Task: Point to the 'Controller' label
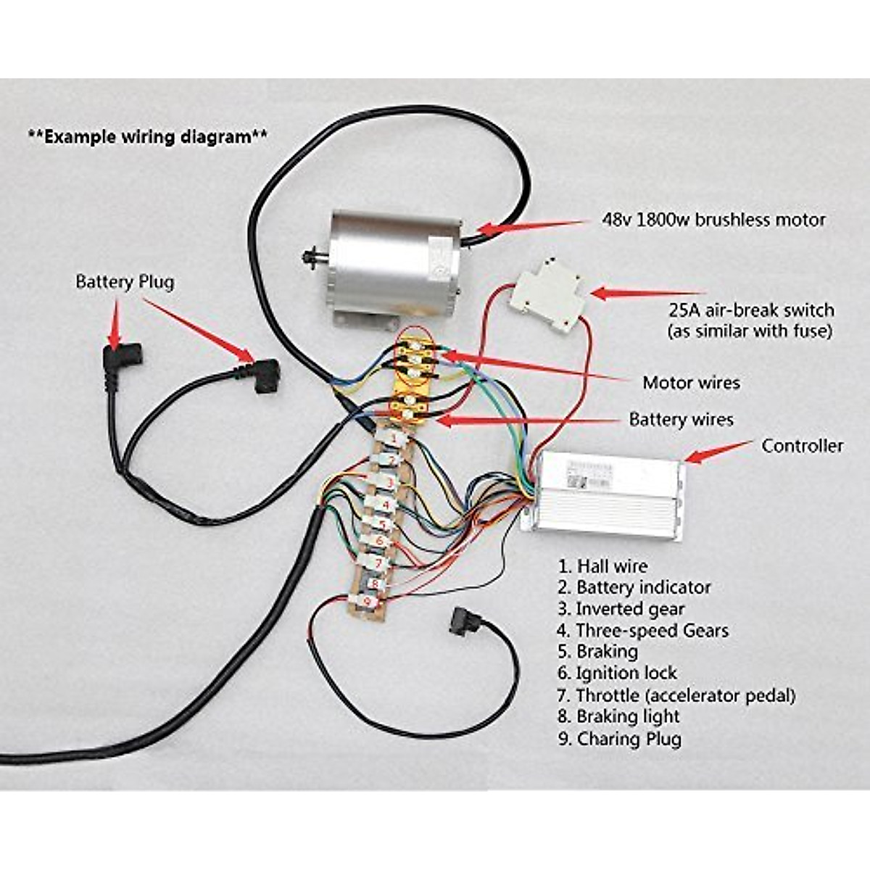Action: pos(802,446)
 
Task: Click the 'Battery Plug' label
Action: pos(125,281)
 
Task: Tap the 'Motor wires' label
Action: pos(692,382)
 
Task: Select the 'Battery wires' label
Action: pos(681,419)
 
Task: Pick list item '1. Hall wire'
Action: pos(602,566)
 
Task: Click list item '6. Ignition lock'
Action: pos(617,673)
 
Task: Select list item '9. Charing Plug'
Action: pos(619,739)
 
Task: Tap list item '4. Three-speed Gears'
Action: pos(642,630)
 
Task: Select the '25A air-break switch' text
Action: pos(751,310)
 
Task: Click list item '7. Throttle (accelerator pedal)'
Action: pos(676,695)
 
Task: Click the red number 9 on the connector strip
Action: pos(368,601)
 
